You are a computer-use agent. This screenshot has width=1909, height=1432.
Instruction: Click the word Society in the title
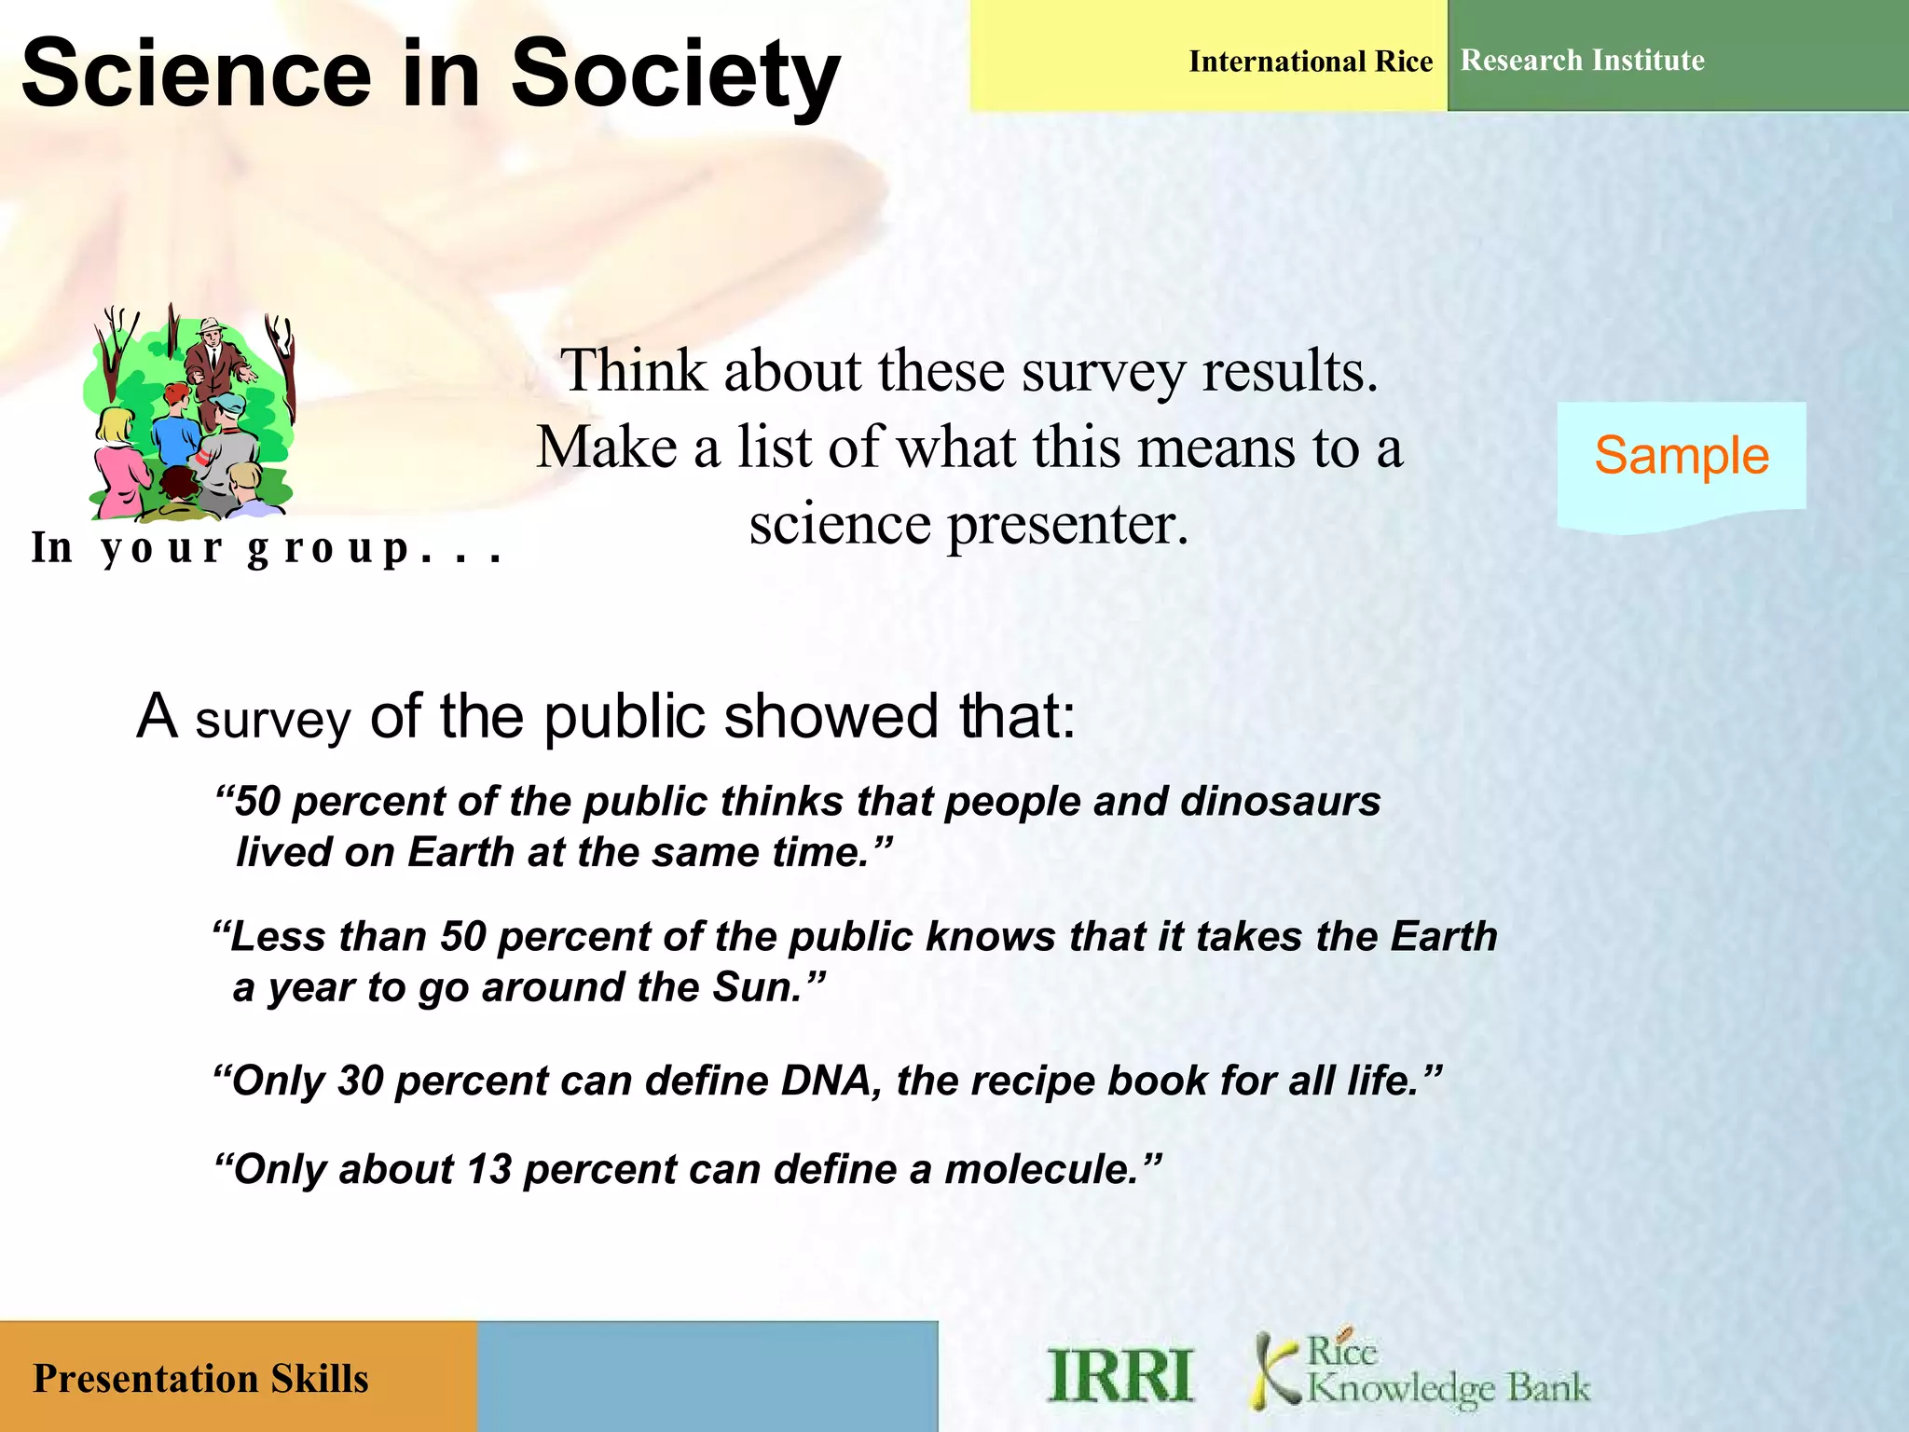pyautogui.click(x=675, y=75)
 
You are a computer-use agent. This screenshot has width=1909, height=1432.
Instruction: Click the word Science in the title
pyautogui.click(x=196, y=75)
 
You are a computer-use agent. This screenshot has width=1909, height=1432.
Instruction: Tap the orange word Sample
pyautogui.click(x=1681, y=456)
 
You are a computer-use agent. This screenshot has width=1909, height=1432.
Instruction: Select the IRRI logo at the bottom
pyautogui.click(x=1119, y=1375)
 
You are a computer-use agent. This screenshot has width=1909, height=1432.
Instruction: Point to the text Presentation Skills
pyautogui.click(x=200, y=1379)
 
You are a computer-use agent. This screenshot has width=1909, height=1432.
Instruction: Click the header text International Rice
pyautogui.click(x=1310, y=62)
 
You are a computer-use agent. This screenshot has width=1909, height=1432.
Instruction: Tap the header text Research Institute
pyautogui.click(x=1582, y=61)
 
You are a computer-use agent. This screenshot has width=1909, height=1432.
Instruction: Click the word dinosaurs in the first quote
pyautogui.click(x=1280, y=802)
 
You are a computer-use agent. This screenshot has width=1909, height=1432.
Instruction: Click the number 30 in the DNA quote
pyautogui.click(x=360, y=1081)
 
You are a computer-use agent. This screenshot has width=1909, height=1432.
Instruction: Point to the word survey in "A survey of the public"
pyautogui.click(x=272, y=720)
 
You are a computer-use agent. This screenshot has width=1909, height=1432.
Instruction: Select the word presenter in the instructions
pyautogui.click(x=1068, y=524)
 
